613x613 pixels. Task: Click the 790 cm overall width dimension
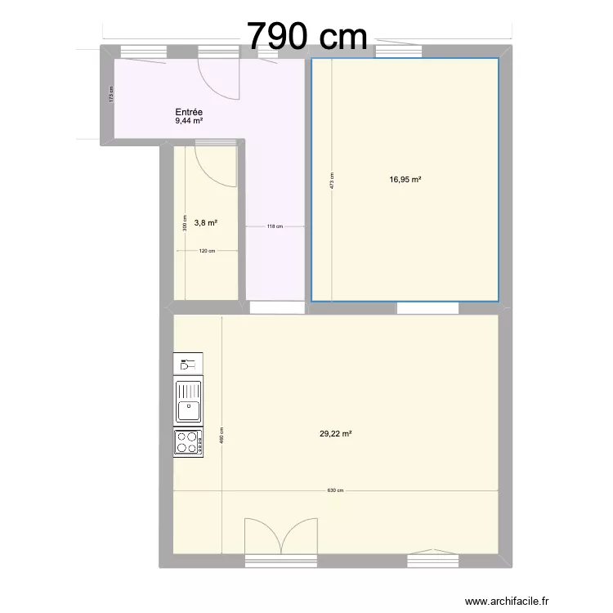click(306, 35)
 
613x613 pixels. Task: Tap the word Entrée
click(189, 112)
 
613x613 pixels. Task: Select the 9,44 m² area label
click(189, 121)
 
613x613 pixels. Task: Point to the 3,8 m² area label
click(205, 221)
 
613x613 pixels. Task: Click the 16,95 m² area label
click(405, 180)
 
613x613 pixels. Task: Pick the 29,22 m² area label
click(336, 435)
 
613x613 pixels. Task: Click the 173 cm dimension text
click(112, 94)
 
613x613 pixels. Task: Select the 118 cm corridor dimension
click(275, 227)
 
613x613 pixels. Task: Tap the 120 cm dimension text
click(206, 251)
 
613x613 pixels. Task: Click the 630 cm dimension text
click(335, 490)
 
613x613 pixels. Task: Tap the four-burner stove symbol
click(188, 441)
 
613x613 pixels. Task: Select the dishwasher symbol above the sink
click(188, 364)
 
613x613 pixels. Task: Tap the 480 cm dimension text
click(221, 437)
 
